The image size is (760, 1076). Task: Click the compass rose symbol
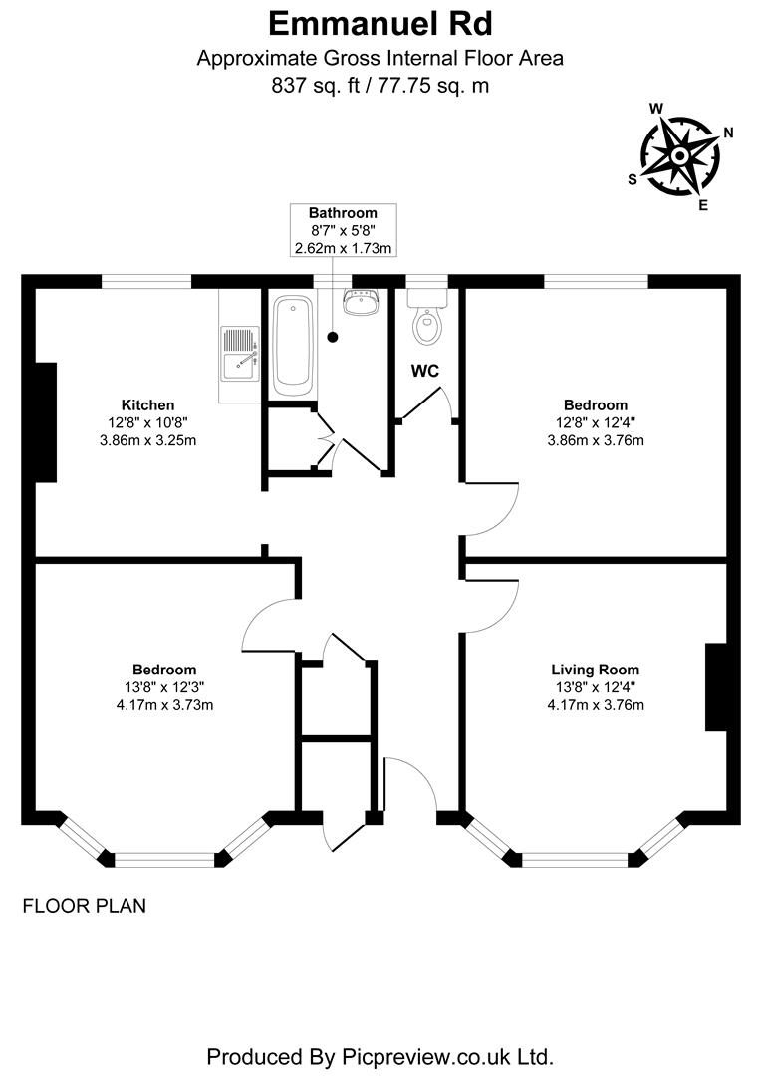[680, 156]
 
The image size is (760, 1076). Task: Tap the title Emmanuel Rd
[380, 22]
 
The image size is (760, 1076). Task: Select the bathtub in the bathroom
[292, 342]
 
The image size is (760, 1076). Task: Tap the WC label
[426, 371]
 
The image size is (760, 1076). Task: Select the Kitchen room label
[147, 404]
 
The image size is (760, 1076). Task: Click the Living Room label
[595, 670]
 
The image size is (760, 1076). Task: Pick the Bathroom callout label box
[343, 230]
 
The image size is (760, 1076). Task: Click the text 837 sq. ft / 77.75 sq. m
[380, 86]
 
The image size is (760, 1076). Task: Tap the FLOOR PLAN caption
[84, 906]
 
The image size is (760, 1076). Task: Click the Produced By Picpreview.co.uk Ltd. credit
[380, 1055]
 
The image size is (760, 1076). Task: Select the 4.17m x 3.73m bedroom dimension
[164, 705]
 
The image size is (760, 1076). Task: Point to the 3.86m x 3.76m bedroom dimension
[595, 440]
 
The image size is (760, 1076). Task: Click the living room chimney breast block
[716, 688]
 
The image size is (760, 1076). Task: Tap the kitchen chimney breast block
[46, 422]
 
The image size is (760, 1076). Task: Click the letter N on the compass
[728, 133]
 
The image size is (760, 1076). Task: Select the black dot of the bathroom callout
[333, 337]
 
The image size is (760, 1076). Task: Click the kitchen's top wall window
[146, 282]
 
